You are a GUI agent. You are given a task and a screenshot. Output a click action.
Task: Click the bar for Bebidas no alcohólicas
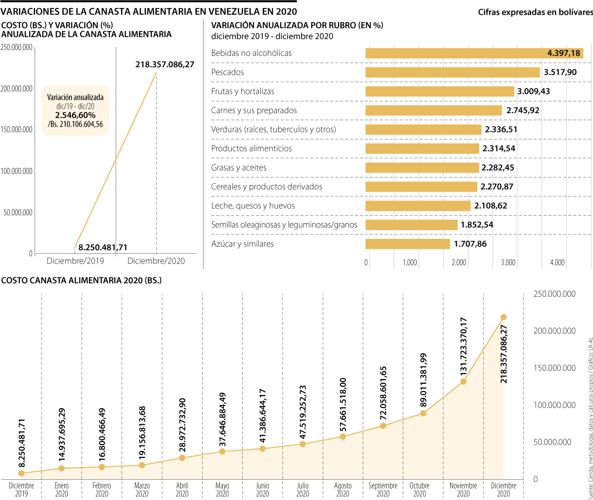coord(474,53)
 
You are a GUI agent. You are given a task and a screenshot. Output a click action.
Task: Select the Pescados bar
coord(453,72)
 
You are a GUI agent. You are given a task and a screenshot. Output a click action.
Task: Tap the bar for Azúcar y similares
coord(408,244)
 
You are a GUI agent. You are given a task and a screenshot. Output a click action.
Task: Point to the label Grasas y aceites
coord(239,168)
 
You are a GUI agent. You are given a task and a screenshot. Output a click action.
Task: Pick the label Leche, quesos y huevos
coord(253,206)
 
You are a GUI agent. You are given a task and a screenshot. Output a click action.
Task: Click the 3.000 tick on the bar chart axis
coord(508,263)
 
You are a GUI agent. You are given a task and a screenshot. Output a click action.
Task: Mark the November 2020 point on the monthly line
coord(463,381)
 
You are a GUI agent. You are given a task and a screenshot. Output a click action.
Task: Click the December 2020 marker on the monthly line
coord(504,317)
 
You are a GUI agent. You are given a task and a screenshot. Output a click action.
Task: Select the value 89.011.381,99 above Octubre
coord(424,380)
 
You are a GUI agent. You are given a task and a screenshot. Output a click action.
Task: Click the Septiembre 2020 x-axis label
coord(383,490)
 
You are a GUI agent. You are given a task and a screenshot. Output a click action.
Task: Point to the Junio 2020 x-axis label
coord(262,490)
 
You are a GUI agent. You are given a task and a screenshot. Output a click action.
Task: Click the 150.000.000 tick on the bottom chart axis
coord(554,368)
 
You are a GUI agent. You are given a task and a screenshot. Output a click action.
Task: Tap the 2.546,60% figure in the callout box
coord(75,115)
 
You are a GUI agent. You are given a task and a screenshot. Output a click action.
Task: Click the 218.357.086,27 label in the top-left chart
coord(165,64)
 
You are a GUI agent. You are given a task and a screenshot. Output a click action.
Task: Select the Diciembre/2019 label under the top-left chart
coord(75,261)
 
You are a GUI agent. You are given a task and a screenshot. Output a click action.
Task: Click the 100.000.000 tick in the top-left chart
coord(16,171)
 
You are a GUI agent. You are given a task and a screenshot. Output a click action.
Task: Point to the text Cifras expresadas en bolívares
coord(535,12)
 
